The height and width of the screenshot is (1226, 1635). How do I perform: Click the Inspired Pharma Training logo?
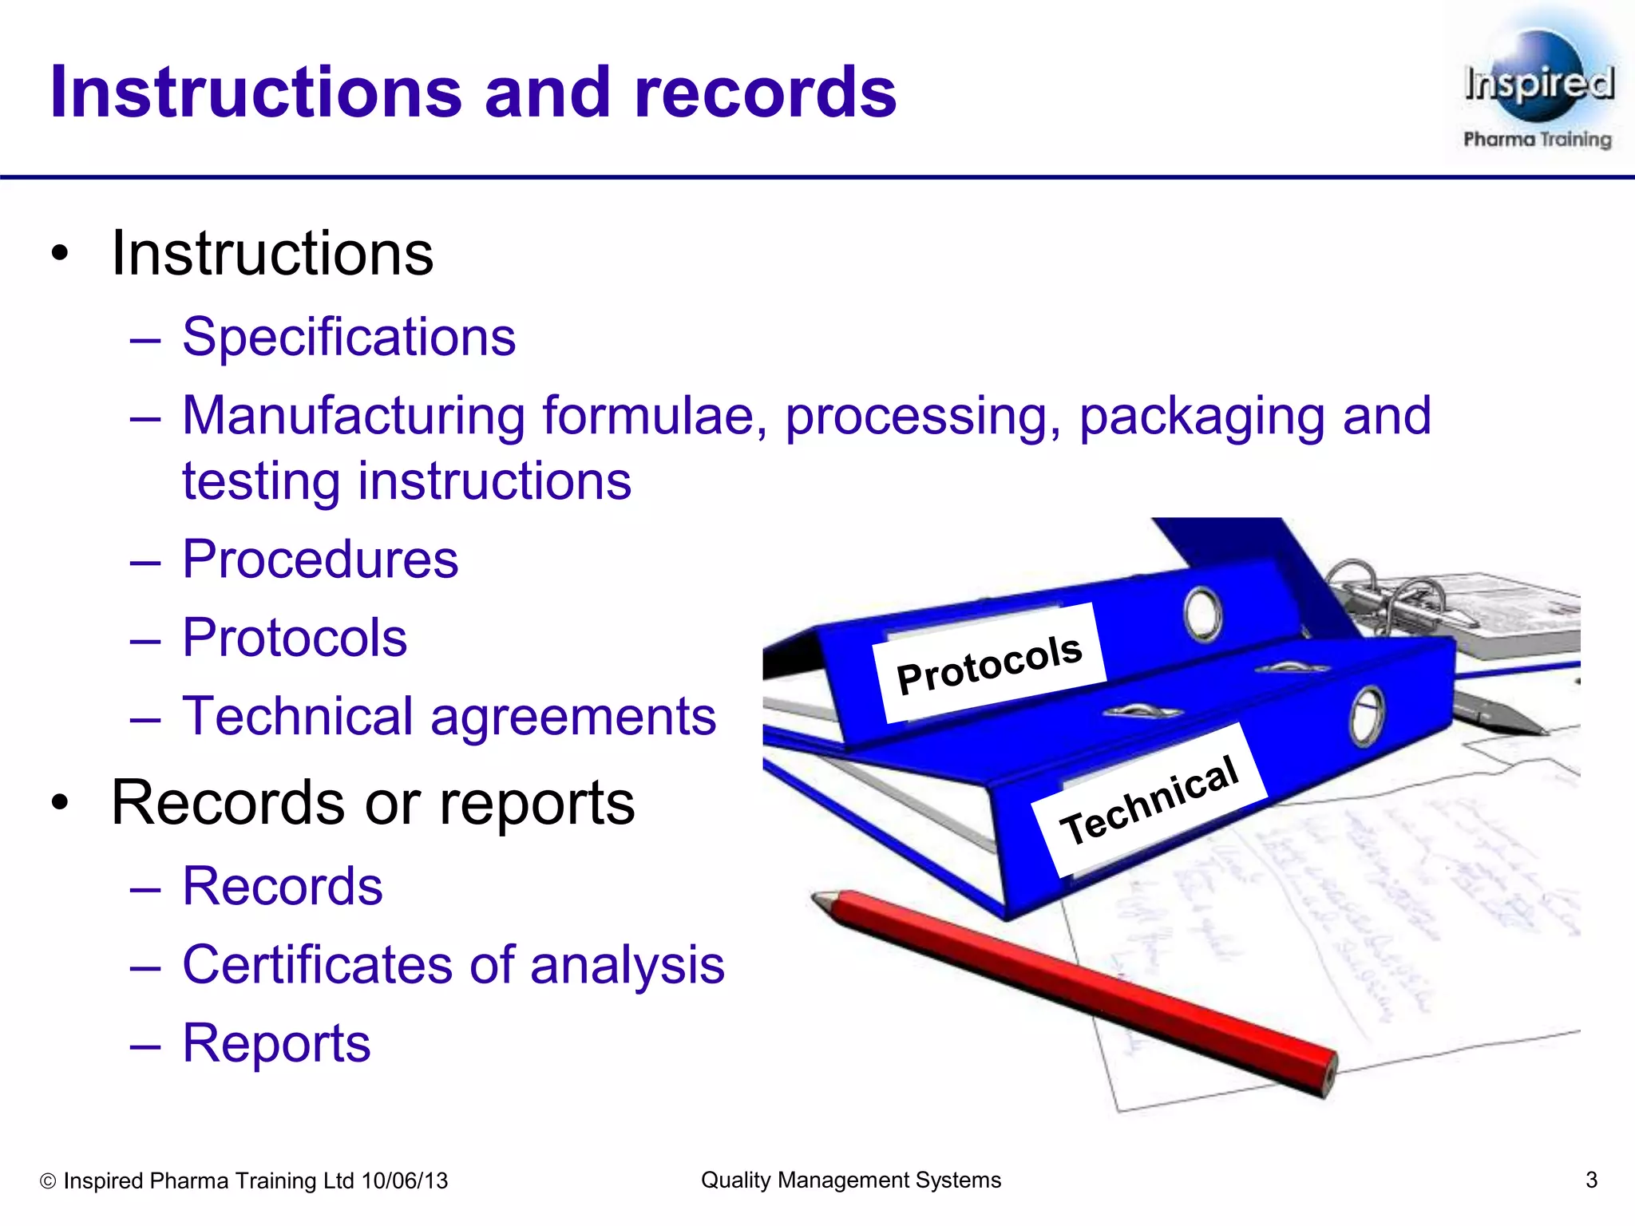coord(1537,88)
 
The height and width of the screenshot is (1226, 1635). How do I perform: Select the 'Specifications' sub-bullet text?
coord(349,337)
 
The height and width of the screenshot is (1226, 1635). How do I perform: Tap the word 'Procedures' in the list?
coord(320,559)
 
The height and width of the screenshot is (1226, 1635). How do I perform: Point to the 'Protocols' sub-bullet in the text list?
coord(295,638)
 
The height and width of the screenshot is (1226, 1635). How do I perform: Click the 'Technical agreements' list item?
coord(449,716)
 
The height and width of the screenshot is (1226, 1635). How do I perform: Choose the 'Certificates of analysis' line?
coord(453,964)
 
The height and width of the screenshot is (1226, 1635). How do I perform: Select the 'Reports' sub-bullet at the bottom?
coord(276,1042)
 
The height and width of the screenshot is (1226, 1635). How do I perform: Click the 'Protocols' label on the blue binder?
coord(989,663)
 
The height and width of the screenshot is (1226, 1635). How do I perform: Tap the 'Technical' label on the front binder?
coord(1149,800)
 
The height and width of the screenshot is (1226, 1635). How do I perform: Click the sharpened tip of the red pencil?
coord(819,900)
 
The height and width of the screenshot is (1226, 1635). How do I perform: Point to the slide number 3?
coord(1591,1180)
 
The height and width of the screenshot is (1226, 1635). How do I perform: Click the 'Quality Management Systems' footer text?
coord(850,1180)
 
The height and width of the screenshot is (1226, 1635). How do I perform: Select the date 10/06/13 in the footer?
coord(405,1181)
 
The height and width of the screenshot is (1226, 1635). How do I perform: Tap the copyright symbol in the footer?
coord(48,1181)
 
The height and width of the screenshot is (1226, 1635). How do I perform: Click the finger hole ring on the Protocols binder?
coord(1203,615)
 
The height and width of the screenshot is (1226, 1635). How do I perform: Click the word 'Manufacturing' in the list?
coord(354,416)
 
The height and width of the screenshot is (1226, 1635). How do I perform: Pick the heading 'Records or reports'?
coord(373,802)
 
